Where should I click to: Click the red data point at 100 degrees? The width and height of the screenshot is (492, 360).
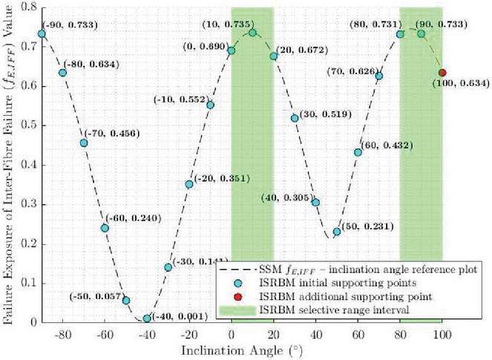tap(442, 73)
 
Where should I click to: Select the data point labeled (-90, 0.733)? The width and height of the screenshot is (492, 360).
tap(42, 34)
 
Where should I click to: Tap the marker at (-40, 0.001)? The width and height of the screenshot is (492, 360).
tap(147, 319)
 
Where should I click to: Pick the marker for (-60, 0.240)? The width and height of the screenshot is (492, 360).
tap(105, 228)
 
